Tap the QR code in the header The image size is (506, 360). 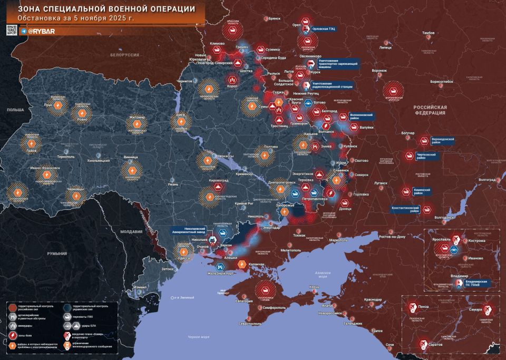coord(13,31)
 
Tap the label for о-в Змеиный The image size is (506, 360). coord(184,298)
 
